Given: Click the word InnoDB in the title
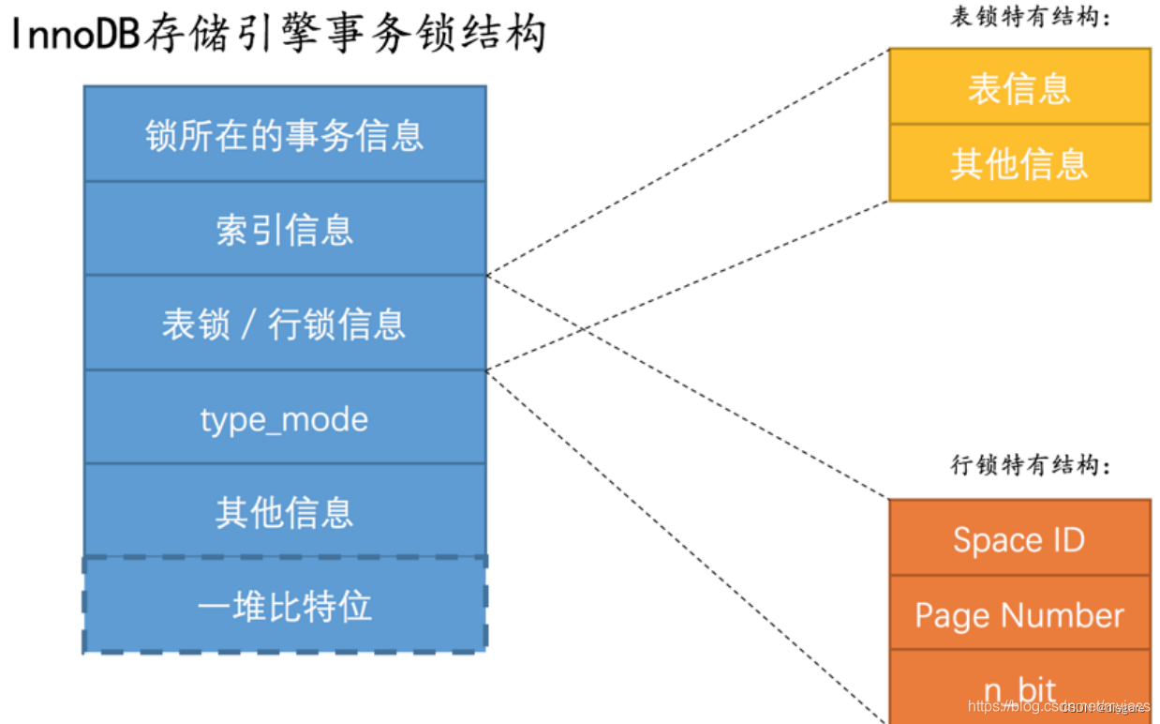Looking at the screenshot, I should [x=76, y=35].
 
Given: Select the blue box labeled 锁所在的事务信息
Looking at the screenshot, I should [x=285, y=134].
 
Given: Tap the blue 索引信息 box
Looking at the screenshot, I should [x=285, y=229].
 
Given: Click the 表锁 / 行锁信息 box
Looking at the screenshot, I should [x=285, y=324].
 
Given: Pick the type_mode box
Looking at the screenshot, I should [x=285, y=418].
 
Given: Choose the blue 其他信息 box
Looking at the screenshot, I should [x=285, y=512].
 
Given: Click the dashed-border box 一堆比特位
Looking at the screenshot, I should [x=285, y=606].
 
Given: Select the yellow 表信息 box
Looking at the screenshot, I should [x=1019, y=87].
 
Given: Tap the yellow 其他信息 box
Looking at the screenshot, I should [x=1019, y=163].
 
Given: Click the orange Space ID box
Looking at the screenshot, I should [x=1019, y=539].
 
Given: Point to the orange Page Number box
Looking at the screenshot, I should [x=1019, y=614].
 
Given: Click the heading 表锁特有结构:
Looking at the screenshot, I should [x=1031, y=18].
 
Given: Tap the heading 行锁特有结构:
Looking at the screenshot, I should [x=1031, y=465].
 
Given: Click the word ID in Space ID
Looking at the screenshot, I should [x=1067, y=539].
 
